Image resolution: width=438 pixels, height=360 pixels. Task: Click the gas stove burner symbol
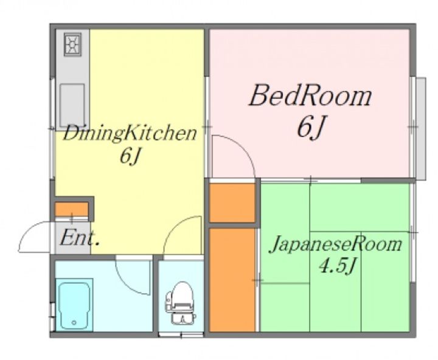tap(72, 44)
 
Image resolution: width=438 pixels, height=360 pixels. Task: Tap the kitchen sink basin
tap(72, 106)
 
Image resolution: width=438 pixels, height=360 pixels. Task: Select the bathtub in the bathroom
tap(74, 305)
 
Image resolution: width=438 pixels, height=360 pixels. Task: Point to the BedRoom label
tap(310, 96)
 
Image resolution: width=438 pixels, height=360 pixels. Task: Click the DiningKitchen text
tap(130, 134)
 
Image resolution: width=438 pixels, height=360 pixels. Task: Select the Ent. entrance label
tap(79, 237)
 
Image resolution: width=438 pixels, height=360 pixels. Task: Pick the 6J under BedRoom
tap(311, 128)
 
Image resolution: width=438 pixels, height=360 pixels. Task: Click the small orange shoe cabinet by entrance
tap(72, 209)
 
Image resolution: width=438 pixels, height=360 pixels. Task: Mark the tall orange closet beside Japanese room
tap(232, 280)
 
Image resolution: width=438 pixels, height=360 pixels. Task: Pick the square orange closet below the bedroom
tap(232, 202)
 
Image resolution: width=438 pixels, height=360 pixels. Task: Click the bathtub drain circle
tap(74, 322)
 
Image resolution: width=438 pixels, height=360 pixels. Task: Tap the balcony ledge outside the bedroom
tap(421, 128)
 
